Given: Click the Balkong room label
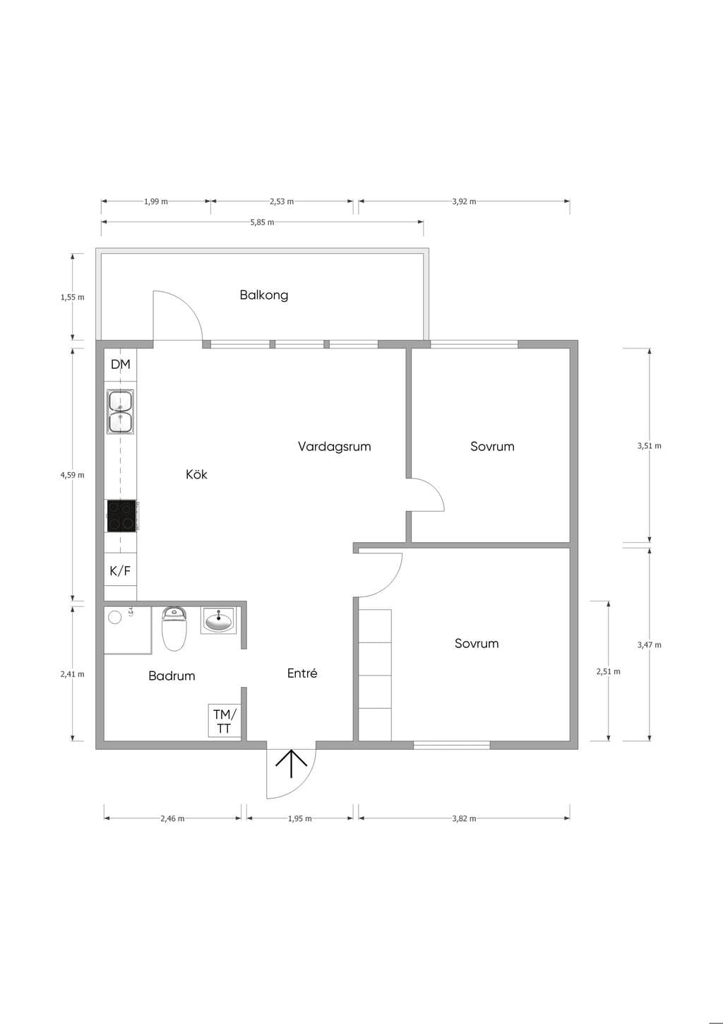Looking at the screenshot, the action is pos(264,295).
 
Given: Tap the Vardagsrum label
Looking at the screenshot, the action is pos(335,447).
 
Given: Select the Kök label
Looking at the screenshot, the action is pos(196,474).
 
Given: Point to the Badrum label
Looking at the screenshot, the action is pos(172,676).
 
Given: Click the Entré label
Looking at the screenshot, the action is pos(302,673).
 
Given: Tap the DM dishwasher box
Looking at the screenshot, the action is pos(121,365).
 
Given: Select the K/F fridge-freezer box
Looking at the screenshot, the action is pos(121,570).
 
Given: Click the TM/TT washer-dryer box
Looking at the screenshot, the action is pos(225,720).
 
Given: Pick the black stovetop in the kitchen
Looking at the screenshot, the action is pos(121,516).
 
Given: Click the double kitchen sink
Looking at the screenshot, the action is pos(121,411).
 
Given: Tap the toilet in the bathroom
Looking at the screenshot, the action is pos(174,628).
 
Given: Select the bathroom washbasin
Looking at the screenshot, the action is pos(219,620).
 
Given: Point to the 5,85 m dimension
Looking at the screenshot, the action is pos(262,222).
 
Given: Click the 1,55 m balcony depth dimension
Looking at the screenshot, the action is pos(72,297).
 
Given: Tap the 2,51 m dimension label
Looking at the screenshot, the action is pos(609,671).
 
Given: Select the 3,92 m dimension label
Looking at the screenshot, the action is pos(464,201).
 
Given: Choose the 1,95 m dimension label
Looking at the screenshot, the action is pos(299,818).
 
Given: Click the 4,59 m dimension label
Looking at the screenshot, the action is pos(72,475).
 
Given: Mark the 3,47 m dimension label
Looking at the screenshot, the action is pos(650,645).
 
